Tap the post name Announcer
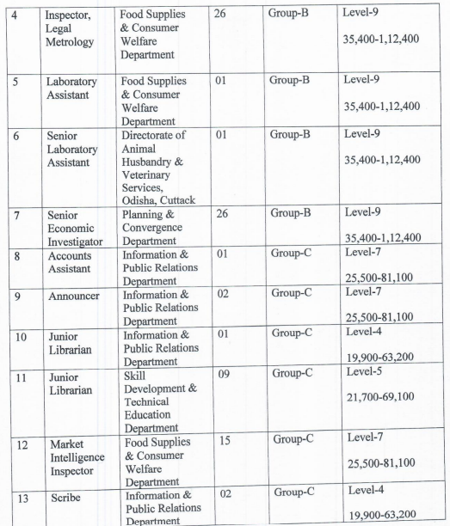(77, 316)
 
